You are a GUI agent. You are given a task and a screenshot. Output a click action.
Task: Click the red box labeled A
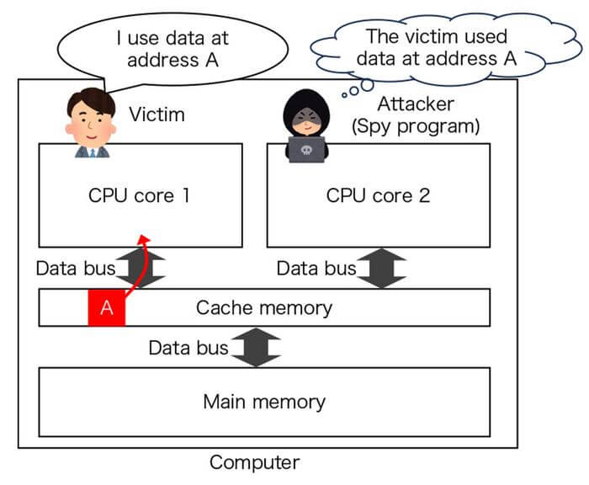pyautogui.click(x=107, y=307)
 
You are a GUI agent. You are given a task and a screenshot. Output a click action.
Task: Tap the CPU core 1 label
pyautogui.click(x=140, y=195)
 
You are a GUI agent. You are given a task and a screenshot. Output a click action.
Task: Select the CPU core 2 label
pyautogui.click(x=378, y=195)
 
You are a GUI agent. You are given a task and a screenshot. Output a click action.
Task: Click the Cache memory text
pyautogui.click(x=264, y=307)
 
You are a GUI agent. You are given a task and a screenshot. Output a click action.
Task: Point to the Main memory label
pyautogui.click(x=264, y=401)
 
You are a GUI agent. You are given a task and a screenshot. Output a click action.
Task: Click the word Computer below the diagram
pyautogui.click(x=254, y=462)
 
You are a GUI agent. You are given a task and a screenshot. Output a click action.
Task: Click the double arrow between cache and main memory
pyautogui.click(x=256, y=347)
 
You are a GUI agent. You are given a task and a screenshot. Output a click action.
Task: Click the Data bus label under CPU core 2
pyautogui.click(x=317, y=269)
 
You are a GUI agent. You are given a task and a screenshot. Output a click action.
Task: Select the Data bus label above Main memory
pyautogui.click(x=188, y=347)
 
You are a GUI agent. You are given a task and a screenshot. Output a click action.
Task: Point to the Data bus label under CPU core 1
pyautogui.click(x=76, y=269)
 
